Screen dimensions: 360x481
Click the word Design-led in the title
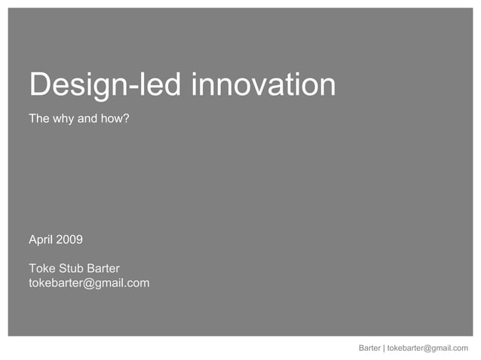[x=106, y=85]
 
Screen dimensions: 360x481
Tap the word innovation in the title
[x=263, y=85]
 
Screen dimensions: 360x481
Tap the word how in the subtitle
[x=114, y=119]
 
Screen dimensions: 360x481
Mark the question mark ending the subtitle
[x=127, y=119]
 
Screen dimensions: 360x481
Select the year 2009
[x=69, y=240]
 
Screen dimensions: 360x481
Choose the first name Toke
[x=42, y=268]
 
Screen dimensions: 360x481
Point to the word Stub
[x=72, y=268]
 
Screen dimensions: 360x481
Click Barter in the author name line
[x=103, y=268]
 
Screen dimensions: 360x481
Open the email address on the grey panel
[x=89, y=283]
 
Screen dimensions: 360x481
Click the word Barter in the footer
[x=369, y=348]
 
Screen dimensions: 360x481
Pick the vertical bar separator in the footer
[x=384, y=348]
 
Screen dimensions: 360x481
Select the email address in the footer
[x=427, y=348]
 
